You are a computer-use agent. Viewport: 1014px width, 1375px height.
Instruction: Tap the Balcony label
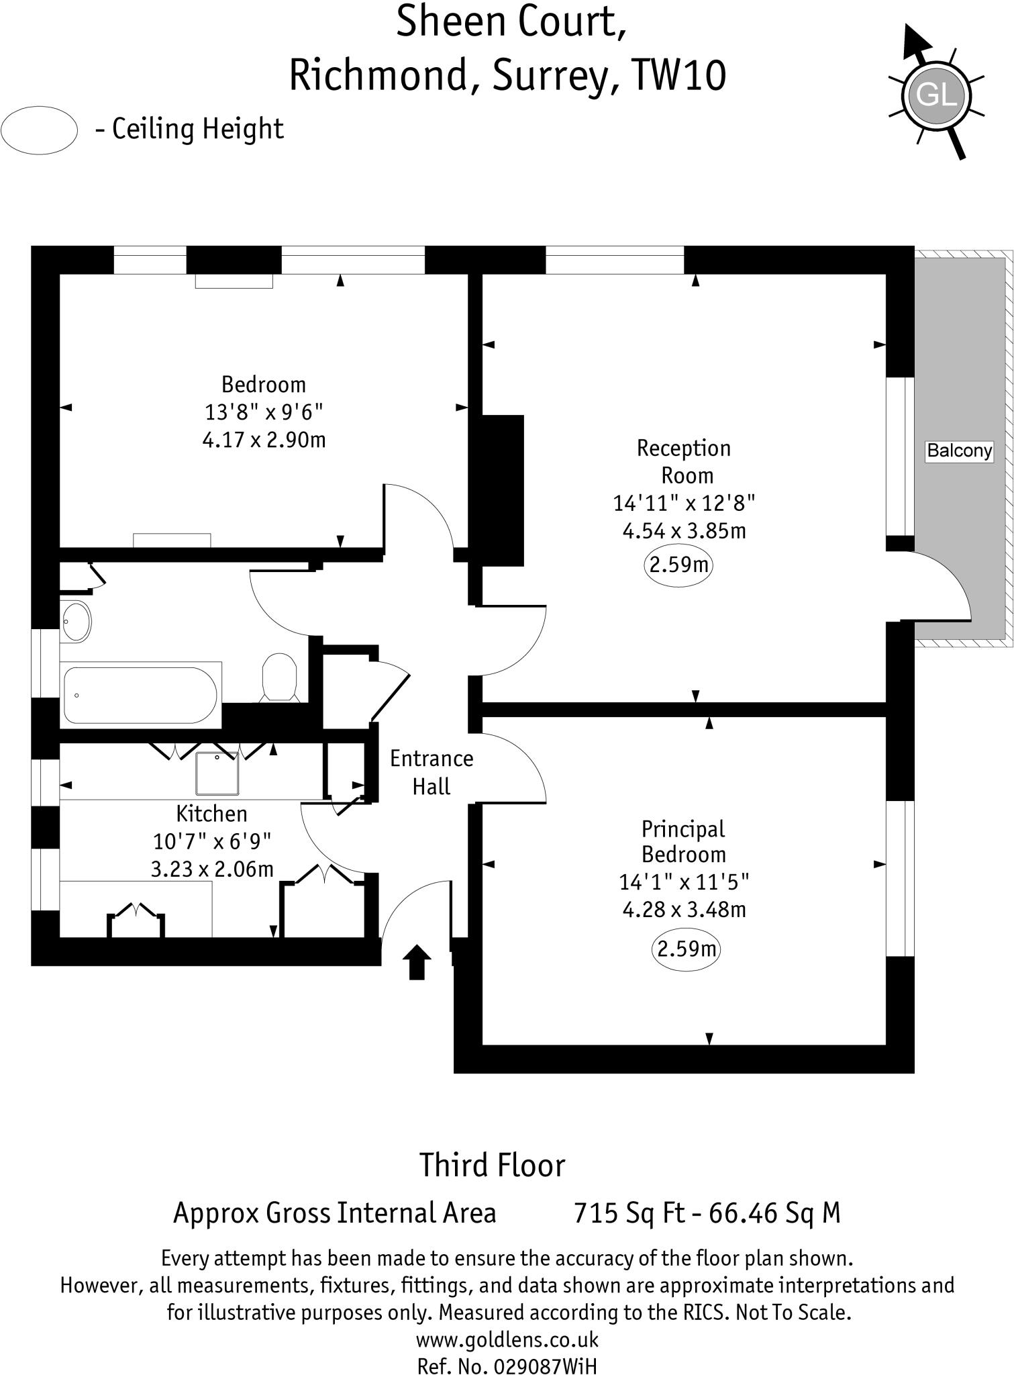(959, 451)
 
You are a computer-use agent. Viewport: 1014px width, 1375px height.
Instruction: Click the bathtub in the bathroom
(140, 695)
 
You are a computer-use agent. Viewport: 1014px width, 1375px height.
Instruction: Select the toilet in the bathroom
(279, 677)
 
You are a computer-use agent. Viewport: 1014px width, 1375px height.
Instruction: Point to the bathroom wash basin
(76, 622)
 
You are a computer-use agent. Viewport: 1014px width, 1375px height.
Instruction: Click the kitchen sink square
(217, 773)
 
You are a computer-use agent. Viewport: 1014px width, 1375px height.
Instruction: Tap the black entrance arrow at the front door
(417, 961)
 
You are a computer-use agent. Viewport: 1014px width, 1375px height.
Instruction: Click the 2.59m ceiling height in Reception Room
(678, 565)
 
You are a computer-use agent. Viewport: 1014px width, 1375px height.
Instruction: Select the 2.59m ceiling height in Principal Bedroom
(687, 949)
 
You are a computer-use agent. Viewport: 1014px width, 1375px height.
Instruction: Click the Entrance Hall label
(432, 772)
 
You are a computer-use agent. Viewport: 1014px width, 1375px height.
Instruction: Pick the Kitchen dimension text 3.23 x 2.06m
(212, 869)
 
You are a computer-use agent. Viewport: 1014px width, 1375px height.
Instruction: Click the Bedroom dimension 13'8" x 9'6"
(264, 412)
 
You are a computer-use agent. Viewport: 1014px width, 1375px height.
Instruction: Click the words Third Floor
(492, 1166)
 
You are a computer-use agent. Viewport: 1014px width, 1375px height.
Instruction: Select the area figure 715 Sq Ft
(629, 1213)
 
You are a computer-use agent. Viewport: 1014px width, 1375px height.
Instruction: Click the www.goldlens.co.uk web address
(507, 1340)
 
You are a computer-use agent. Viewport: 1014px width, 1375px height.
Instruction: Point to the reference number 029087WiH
(544, 1365)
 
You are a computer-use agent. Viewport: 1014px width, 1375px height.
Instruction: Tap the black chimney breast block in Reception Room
(501, 490)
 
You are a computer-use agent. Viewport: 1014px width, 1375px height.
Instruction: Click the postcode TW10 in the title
(678, 75)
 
